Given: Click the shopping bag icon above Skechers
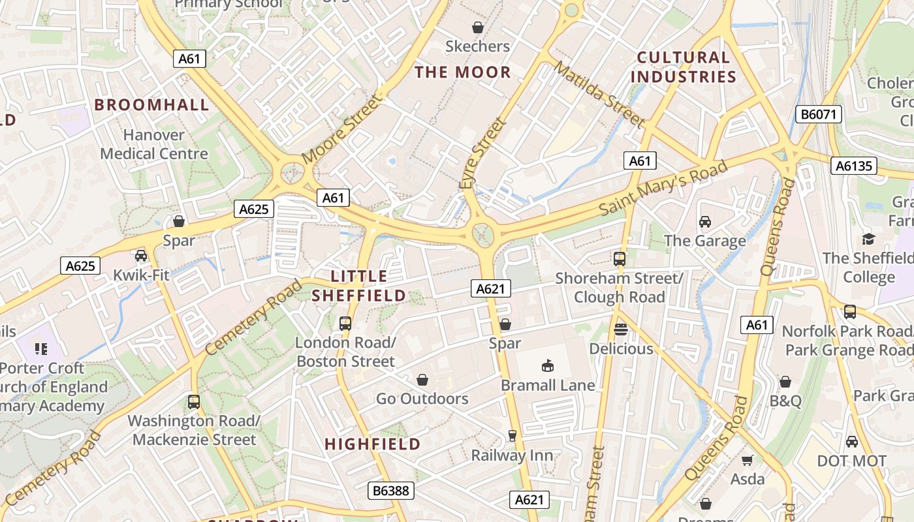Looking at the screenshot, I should coord(478,27).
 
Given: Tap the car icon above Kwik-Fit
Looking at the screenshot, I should coord(141,255).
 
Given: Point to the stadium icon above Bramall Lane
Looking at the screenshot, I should coord(548,366).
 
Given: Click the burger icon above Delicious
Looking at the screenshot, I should coord(621,330).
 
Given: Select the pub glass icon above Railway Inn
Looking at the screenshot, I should coord(512,436).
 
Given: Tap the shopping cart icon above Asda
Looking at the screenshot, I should coord(748,460).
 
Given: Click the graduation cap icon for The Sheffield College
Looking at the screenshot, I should coord(868,239).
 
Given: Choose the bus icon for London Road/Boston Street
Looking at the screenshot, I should coord(345,323).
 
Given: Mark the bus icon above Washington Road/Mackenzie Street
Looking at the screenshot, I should coord(194,401).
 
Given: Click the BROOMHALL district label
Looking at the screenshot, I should coord(151,104).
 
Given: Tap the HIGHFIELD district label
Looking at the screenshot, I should coord(373,444).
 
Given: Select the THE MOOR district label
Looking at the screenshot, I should coord(463,72).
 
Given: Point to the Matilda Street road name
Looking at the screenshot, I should coord(599,94).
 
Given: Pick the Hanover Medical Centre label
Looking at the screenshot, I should coord(154,144).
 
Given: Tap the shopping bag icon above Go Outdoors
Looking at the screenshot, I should coord(422,379).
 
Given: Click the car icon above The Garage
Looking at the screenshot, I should coord(705,222).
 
